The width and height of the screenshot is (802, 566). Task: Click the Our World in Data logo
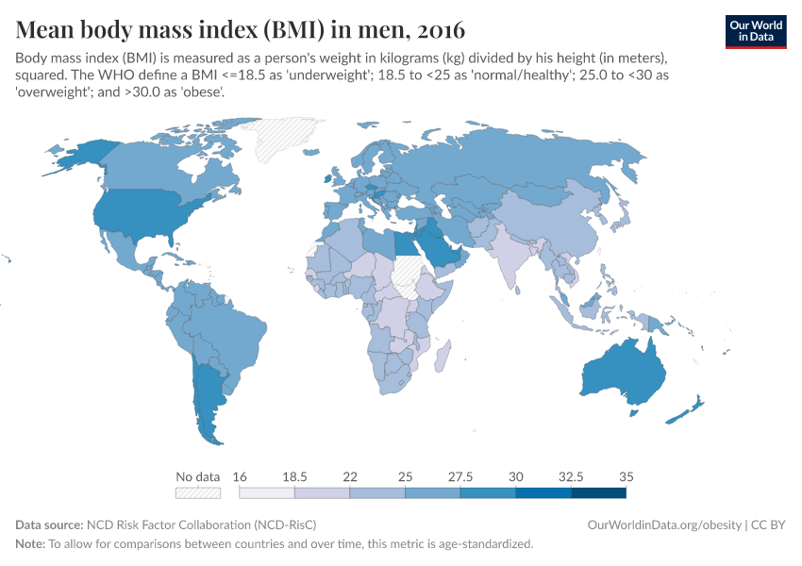pos(756,31)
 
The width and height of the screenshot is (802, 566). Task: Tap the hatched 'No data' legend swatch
pos(197,491)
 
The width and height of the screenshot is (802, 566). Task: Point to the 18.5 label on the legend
pos(294,476)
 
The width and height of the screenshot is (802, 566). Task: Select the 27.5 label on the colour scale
pos(459,476)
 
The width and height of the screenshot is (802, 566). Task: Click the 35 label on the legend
pos(626,476)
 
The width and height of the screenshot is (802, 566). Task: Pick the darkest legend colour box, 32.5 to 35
pos(598,491)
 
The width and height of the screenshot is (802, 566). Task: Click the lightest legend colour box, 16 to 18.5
pos(267,491)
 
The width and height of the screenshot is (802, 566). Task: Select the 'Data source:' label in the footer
pos(49,524)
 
